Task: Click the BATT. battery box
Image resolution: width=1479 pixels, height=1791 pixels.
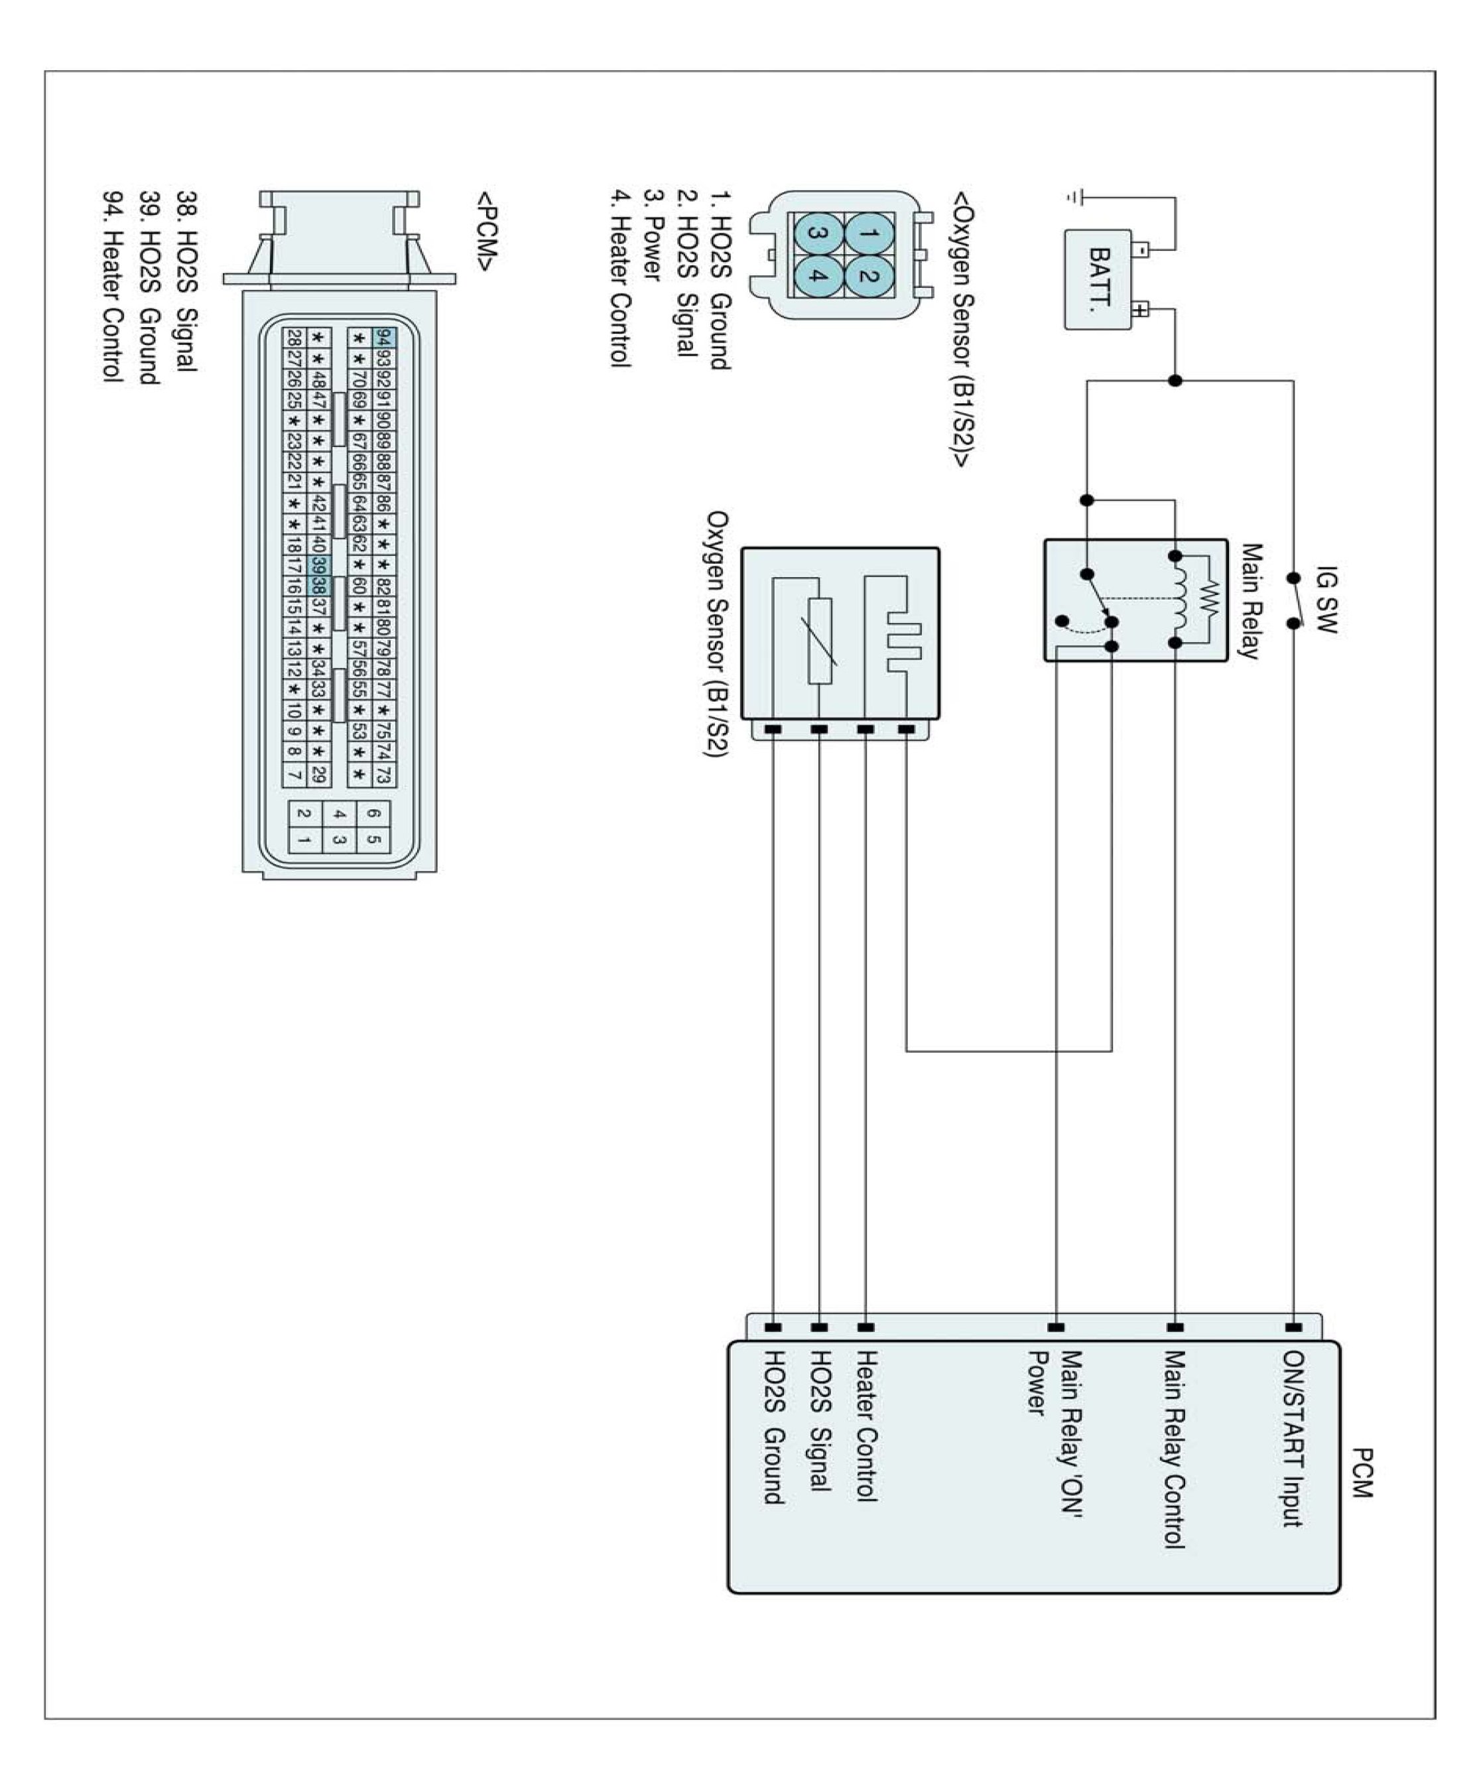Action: pos(1098,279)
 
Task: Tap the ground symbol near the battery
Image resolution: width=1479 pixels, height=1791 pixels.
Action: pos(1074,198)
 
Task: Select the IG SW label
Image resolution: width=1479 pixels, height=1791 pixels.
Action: pos(1326,600)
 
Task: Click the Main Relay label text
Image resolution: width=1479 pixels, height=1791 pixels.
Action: pos(1249,602)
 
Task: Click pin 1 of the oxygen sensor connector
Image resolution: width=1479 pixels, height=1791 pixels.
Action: pos(868,233)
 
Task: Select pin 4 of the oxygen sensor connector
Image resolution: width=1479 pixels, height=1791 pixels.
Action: pos(818,276)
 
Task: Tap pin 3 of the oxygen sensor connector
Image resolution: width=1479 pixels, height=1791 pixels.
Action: pos(818,233)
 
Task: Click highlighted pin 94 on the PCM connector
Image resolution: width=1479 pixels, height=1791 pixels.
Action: pos(383,338)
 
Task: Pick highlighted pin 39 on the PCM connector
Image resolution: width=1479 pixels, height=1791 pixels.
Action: pos(318,565)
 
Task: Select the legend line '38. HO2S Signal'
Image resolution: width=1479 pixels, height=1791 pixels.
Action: pos(186,281)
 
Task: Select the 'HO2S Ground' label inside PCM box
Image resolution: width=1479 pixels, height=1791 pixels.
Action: pos(773,1427)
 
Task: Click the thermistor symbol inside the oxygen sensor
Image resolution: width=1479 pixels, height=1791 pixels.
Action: pos(820,641)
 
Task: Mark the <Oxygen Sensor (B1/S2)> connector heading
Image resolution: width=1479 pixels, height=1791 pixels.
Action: pos(963,329)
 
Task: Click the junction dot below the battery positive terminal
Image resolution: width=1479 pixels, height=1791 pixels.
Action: pos(1175,381)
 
